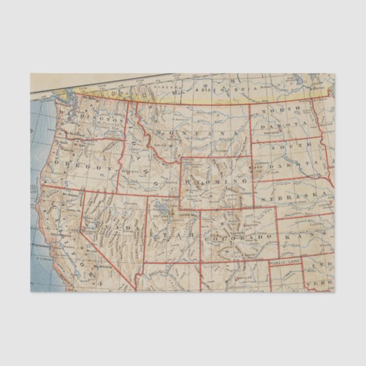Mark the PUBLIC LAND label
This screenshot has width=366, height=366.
pyautogui.click(x=284, y=263)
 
